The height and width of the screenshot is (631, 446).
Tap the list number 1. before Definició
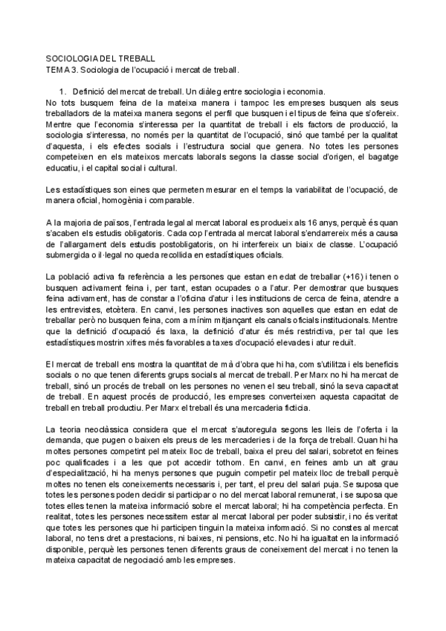pyautogui.click(x=65, y=90)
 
